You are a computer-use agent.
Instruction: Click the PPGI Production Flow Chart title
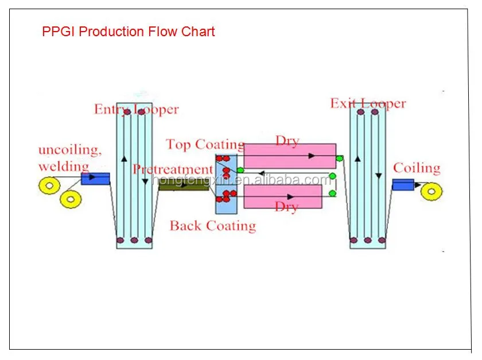point(129,32)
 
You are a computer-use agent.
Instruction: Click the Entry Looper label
point(137,109)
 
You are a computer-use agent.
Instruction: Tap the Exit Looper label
point(368,104)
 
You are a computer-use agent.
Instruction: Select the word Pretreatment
point(172,169)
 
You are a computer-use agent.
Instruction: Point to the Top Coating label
point(205,144)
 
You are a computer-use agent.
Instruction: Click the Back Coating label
point(212,226)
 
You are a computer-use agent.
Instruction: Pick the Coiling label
point(417,168)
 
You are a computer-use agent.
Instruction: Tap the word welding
point(63,167)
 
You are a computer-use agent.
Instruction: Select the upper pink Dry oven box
point(290,156)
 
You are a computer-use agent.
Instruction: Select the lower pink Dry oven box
point(283,196)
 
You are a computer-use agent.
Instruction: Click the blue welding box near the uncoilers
point(95,179)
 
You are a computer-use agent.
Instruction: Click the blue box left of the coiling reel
point(403,184)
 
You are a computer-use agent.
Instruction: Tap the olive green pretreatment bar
point(184,185)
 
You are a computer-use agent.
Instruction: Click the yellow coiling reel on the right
point(432,191)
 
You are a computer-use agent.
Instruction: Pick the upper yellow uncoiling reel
point(48,185)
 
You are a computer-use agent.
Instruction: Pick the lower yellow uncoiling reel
point(71,199)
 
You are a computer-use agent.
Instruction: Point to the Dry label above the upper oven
point(287,140)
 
